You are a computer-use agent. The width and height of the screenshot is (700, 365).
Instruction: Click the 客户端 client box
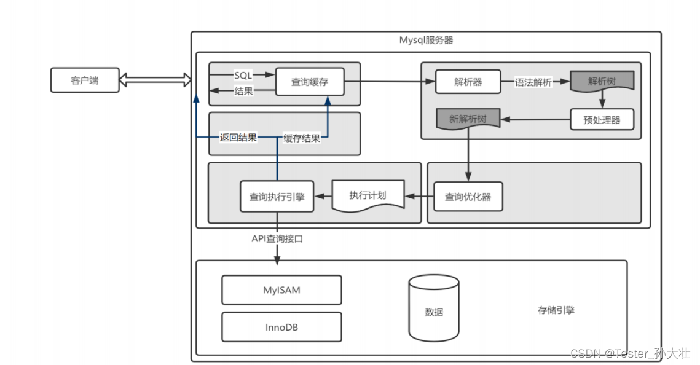pos(85,80)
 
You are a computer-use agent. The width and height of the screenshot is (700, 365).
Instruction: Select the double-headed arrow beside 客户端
pos(155,79)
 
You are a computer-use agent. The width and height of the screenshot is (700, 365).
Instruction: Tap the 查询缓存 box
pos(309,82)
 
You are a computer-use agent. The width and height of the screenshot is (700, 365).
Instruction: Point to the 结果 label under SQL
pos(244,92)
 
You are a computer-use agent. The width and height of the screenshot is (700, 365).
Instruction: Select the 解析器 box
pos(468,82)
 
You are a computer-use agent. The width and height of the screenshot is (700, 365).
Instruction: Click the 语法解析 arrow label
pos(533,82)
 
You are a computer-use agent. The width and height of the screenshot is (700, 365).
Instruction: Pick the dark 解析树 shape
pos(601,81)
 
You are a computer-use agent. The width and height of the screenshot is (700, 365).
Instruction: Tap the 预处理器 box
pos(602,119)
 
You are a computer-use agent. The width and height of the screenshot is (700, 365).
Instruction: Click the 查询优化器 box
pos(468,197)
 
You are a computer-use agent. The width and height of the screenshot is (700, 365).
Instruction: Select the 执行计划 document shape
pos(368,195)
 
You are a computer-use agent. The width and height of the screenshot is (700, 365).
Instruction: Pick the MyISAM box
pos(281,289)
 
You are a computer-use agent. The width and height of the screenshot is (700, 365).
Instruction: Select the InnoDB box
pos(281,327)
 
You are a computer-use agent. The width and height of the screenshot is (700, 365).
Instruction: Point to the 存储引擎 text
pos(556,310)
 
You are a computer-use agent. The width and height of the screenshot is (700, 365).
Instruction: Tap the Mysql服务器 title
pos(426,41)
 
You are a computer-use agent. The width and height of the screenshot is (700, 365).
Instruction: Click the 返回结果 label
pos(238,138)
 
